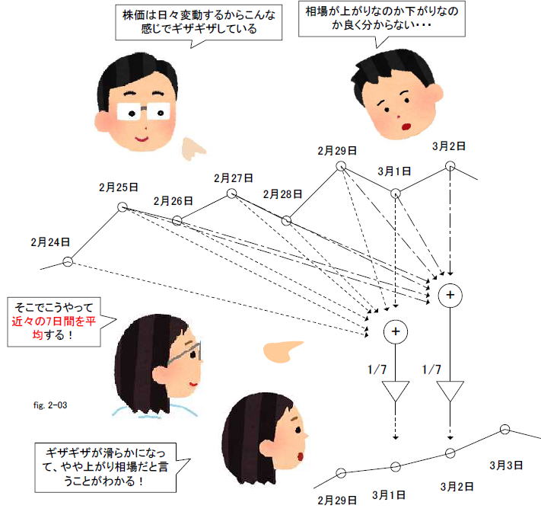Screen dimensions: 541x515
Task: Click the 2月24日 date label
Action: coord(50,242)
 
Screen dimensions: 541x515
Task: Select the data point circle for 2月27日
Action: coord(231,194)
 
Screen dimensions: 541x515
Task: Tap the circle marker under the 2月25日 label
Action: coord(123,207)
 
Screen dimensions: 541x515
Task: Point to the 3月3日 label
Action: coord(506,465)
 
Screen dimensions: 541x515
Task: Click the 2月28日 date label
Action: coord(282,194)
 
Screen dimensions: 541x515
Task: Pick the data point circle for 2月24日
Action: coord(68,261)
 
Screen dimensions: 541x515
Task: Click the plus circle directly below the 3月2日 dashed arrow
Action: coord(450,295)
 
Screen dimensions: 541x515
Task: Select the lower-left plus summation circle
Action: coord(396,331)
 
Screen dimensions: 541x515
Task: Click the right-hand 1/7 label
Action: coord(431,369)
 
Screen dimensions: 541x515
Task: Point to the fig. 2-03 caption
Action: coord(50,405)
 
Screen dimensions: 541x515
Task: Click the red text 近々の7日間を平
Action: coord(54,321)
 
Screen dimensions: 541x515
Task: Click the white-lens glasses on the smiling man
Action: coord(144,111)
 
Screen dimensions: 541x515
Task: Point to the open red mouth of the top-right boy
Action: coord(406,126)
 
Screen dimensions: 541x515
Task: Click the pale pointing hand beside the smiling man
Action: coord(193,149)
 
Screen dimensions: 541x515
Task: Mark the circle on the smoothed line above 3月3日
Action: coord(504,430)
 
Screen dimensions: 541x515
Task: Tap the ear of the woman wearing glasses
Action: coord(161,375)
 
